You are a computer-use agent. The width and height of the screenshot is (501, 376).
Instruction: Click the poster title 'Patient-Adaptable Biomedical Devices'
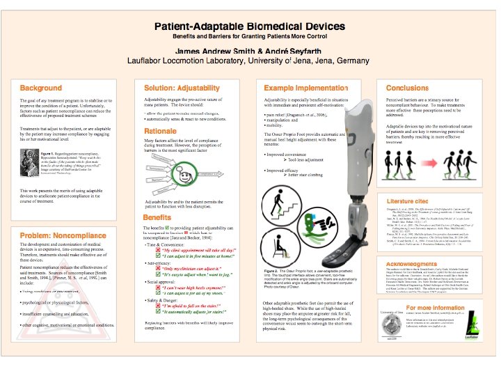(250, 26)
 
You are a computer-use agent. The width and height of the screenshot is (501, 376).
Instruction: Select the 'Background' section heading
(40, 88)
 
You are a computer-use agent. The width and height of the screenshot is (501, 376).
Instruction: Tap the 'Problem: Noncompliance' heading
(61, 237)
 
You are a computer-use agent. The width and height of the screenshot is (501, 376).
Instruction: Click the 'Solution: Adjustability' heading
(181, 88)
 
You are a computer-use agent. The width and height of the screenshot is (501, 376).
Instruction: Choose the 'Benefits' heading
(157, 217)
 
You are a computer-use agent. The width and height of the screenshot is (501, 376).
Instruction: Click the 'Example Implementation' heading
(304, 88)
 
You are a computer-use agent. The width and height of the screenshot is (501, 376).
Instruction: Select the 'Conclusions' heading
(407, 88)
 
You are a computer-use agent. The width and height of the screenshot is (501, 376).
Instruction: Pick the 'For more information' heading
(436, 308)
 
